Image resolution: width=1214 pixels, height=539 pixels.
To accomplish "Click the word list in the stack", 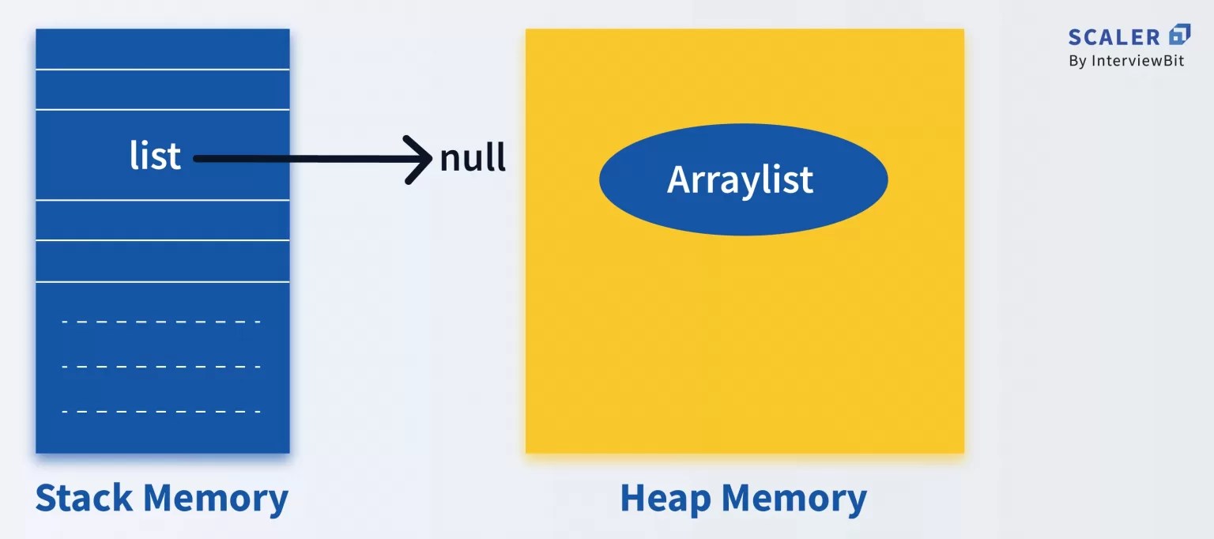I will click(x=155, y=156).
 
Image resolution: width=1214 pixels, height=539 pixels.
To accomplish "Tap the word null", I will click(x=473, y=158).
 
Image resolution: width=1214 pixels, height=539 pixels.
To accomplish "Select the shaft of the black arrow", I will click(x=300, y=159).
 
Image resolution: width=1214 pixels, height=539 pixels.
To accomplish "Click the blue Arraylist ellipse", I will click(x=743, y=179).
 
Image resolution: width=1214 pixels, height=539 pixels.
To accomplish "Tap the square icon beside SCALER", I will click(x=1179, y=35).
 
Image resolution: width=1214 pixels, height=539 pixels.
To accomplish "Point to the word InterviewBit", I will click(x=1138, y=61).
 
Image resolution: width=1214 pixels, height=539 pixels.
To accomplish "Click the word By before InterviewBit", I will click(x=1077, y=61).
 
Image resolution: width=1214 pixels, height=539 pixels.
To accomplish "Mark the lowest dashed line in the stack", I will click(x=161, y=412).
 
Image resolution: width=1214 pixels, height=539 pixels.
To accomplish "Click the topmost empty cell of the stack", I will click(x=162, y=49).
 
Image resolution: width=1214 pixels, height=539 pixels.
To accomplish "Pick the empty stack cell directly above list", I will click(x=162, y=89).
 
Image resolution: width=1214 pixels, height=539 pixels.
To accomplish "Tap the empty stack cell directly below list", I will click(x=162, y=220).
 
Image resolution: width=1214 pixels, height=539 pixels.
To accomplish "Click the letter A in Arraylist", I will click(x=677, y=179).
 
